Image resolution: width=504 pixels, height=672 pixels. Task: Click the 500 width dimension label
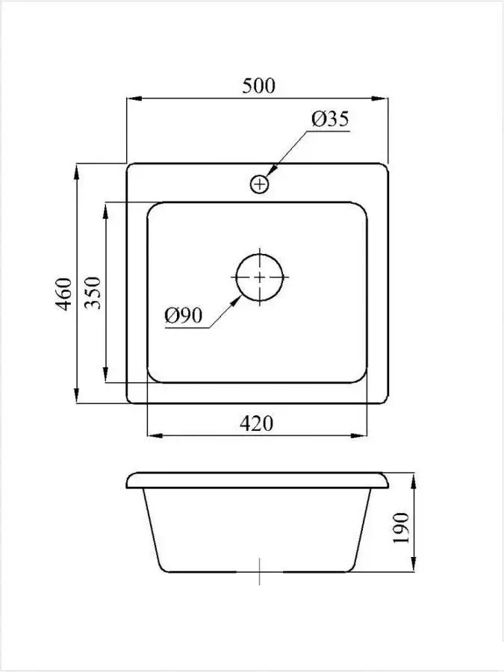(x=258, y=86)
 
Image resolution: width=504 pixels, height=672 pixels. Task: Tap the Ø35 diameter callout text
(x=331, y=119)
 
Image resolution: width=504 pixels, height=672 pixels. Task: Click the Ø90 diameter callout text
(x=184, y=316)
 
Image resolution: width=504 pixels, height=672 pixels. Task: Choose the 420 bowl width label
(x=256, y=423)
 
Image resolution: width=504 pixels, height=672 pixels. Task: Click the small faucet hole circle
(x=259, y=183)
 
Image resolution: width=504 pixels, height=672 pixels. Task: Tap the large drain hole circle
(x=259, y=277)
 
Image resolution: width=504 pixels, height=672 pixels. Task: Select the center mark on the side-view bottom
(x=259, y=573)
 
